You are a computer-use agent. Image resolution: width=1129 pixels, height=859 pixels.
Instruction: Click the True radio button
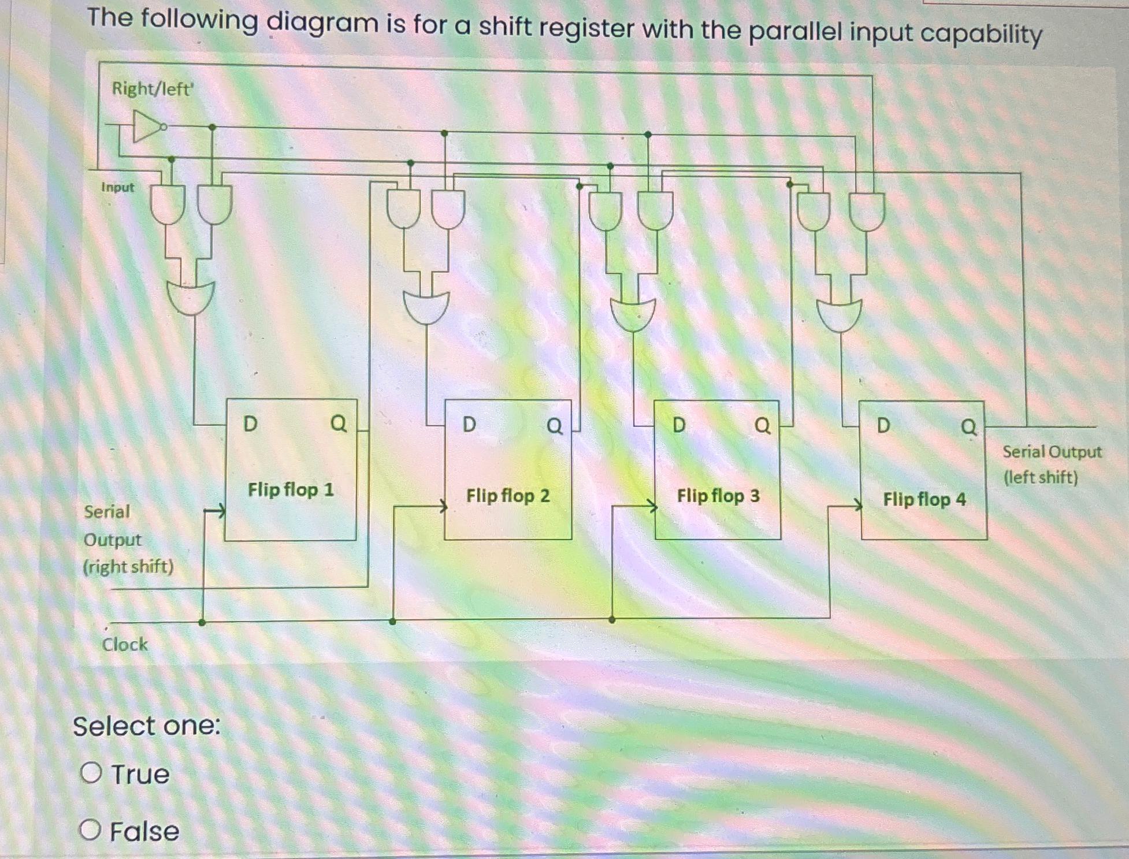pos(91,772)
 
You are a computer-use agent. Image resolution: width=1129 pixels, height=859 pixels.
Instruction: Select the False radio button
pos(90,830)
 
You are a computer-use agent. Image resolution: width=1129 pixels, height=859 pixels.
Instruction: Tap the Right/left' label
pos(153,89)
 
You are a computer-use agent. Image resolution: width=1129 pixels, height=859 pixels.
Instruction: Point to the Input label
pos(117,187)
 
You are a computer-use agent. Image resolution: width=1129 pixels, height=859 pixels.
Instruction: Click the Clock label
pos(125,644)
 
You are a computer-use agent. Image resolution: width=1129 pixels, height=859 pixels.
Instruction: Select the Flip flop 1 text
pos(291,490)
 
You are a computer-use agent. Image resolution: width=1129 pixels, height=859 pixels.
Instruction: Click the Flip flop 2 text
pos(508,496)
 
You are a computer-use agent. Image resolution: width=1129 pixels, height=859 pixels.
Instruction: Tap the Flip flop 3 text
pos(718,496)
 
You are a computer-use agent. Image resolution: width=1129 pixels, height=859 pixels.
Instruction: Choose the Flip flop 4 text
pos(924,499)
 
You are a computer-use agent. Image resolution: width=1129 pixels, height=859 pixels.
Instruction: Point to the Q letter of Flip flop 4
pos(968,427)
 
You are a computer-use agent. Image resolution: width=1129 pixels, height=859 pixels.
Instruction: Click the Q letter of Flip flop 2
pos(554,426)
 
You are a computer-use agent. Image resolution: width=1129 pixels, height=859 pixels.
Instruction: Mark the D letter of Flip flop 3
pos(679,425)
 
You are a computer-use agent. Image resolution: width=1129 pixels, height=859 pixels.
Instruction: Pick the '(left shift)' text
pos(1041,478)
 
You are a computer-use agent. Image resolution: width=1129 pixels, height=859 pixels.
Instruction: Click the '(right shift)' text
pos(128,567)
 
